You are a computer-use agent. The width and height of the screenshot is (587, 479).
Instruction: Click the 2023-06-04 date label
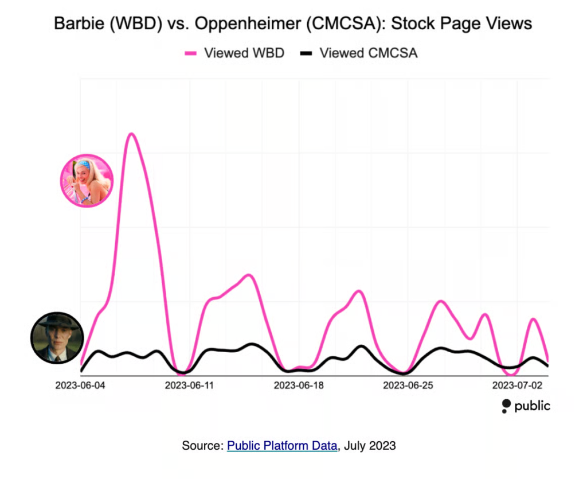click(80, 385)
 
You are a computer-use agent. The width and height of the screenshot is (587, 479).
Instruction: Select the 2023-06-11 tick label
click(189, 385)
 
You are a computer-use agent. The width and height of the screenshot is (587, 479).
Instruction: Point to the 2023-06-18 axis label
click(298, 385)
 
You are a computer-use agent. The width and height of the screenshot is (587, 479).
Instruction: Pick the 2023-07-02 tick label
click(516, 385)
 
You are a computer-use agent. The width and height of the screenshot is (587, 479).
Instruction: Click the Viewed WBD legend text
click(244, 53)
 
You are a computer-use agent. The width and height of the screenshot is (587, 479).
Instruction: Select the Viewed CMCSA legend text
click(369, 53)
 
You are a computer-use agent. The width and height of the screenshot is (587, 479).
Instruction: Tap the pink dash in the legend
click(190, 53)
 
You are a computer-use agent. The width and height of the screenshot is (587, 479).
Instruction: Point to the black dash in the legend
click(307, 53)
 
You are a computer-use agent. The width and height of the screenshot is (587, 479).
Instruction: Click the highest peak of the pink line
click(131, 134)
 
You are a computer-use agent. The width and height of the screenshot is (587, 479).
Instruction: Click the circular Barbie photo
click(87, 180)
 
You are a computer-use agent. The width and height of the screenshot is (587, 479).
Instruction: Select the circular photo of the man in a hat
click(57, 338)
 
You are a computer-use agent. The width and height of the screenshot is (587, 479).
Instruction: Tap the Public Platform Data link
click(282, 445)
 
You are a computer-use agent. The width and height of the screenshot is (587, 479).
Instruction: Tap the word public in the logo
click(532, 406)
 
